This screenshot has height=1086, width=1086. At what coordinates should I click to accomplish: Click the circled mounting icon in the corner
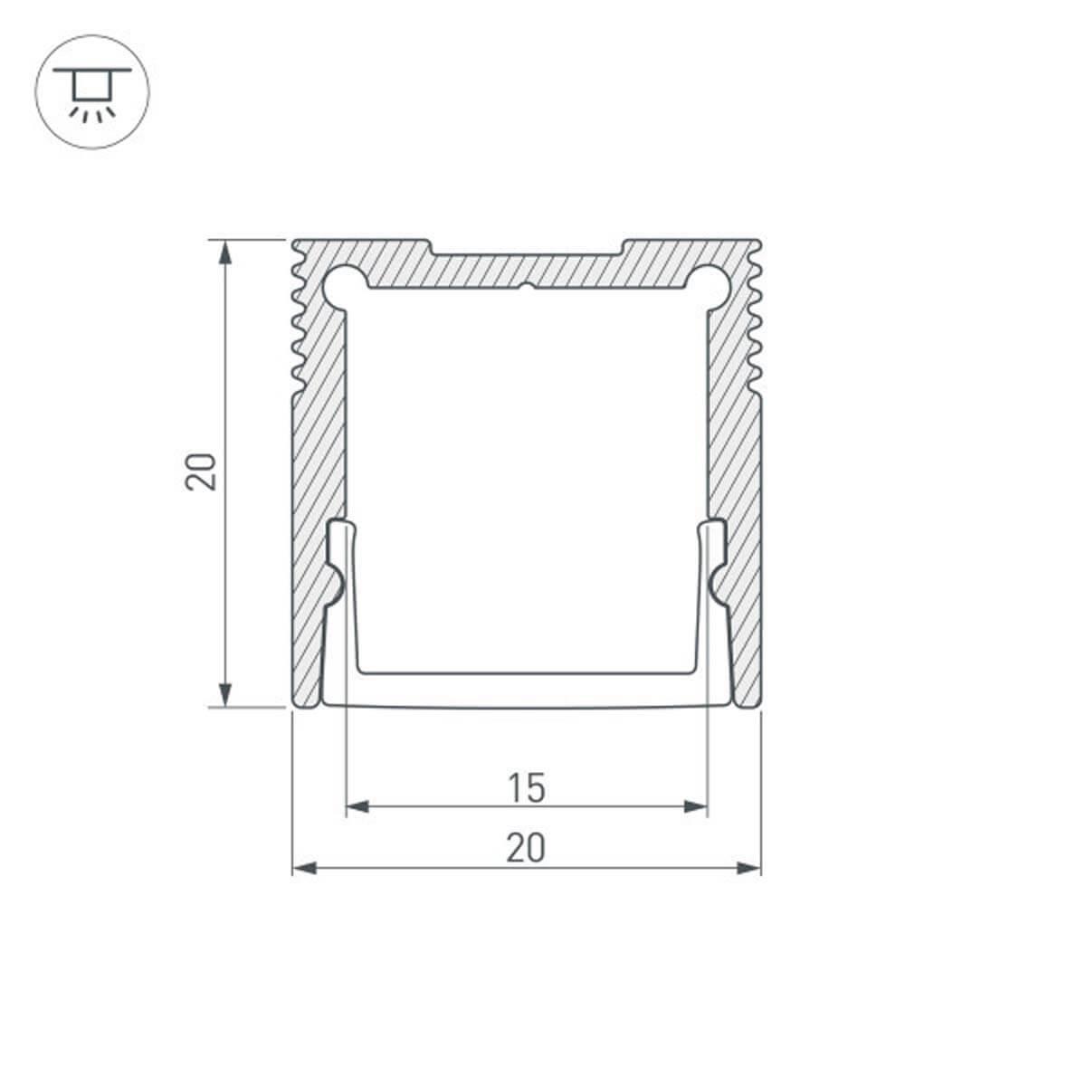click(91, 92)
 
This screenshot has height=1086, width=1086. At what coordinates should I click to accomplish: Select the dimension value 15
click(526, 787)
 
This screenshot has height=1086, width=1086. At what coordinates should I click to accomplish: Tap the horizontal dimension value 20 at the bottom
click(526, 849)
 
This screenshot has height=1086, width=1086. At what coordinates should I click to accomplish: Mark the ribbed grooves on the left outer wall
click(299, 326)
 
